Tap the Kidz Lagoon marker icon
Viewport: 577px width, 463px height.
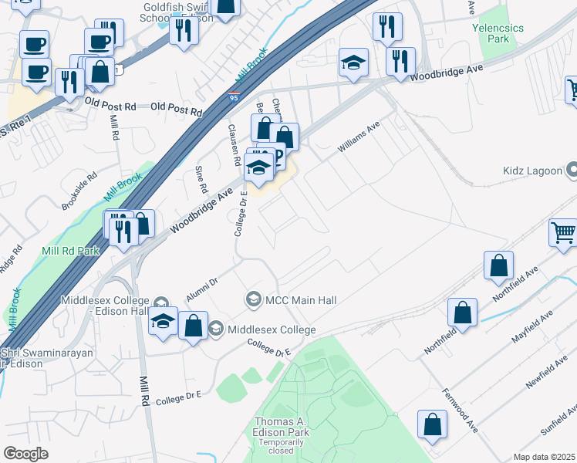point(572,169)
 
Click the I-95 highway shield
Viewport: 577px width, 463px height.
point(234,98)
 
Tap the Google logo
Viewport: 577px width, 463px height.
point(25,454)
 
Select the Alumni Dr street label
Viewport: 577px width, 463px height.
point(203,289)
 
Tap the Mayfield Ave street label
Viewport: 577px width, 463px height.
point(532,330)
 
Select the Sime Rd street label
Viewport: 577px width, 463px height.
point(202,179)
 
